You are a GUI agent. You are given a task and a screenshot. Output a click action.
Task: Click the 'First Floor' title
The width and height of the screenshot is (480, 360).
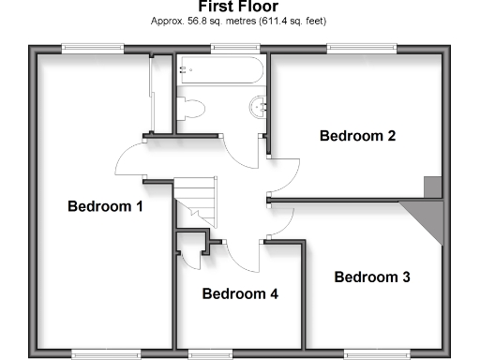tap(239, 7)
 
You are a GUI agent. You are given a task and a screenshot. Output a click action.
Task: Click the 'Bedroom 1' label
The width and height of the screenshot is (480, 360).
tap(105, 206)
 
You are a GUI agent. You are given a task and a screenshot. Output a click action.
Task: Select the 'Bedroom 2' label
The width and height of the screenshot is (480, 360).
tap(357, 135)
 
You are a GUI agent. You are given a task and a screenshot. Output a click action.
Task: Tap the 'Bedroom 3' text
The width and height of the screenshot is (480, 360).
tap(372, 277)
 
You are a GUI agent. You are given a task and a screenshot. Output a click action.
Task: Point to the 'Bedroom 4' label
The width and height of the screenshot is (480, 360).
tap(240, 293)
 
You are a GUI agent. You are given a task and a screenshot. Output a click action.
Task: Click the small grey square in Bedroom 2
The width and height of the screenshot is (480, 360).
tap(432, 187)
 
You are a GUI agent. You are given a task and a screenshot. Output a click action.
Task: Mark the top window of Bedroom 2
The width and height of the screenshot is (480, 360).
tap(354, 49)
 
